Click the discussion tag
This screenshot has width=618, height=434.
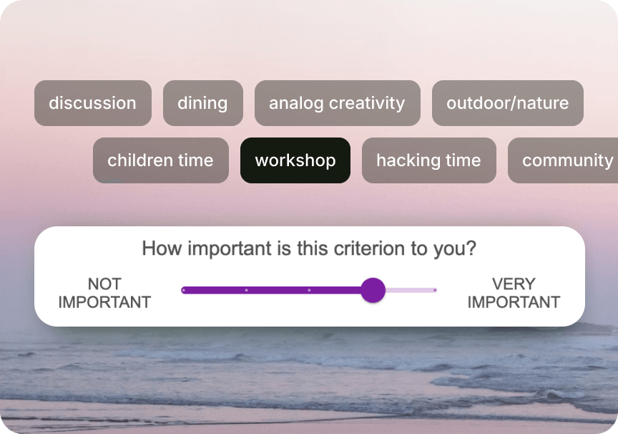tap(93, 103)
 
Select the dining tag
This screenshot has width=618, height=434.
tap(203, 103)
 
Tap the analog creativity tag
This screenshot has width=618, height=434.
tap(338, 103)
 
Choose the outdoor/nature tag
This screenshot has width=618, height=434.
tap(508, 103)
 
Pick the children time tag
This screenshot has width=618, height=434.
tap(161, 160)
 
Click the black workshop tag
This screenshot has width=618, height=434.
tap(295, 160)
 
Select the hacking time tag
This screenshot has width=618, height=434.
tap(429, 160)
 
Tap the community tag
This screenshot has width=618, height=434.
tap(563, 160)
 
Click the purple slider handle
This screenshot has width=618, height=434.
tap(373, 290)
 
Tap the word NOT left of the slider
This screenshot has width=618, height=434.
tap(104, 284)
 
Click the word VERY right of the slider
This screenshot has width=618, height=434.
tap(514, 284)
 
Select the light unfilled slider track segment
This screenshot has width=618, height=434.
tap(411, 290)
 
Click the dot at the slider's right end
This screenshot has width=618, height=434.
tap(435, 290)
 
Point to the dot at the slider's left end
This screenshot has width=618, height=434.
tap(183, 290)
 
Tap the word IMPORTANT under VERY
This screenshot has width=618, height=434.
tap(514, 302)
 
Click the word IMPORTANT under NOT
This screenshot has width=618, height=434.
tap(104, 302)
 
